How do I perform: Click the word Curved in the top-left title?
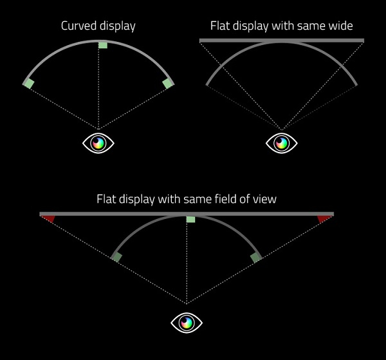[x=78, y=26]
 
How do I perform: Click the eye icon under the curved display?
[x=98, y=143]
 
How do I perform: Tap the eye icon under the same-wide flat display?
[x=282, y=143]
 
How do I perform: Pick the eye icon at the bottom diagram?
[x=187, y=323]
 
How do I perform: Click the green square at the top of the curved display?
[x=103, y=44]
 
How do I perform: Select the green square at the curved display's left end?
[x=28, y=84]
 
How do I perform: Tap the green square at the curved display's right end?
[x=168, y=84]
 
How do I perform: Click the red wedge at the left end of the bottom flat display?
[x=49, y=218]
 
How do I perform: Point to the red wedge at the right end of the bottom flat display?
[x=324, y=218]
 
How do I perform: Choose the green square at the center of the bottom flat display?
[x=191, y=219]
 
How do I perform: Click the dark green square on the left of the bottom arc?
[x=116, y=257]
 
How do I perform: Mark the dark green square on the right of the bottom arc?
[x=255, y=257]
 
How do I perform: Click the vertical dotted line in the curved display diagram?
[x=98, y=88]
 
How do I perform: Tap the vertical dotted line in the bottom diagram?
[x=187, y=262]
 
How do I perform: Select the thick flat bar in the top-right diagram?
[x=282, y=41]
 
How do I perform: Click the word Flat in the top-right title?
[x=220, y=26]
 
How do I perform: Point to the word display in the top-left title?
[x=117, y=26]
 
